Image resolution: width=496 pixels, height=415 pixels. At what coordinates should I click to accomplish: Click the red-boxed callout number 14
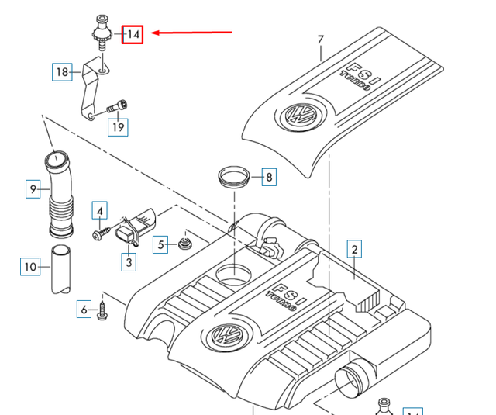pos(133,33)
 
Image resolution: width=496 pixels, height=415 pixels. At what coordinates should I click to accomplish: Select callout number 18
pos(62,73)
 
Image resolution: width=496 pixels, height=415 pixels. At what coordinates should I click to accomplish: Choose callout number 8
pos(268,178)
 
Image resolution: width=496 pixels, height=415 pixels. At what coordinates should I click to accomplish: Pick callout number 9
pos(33,188)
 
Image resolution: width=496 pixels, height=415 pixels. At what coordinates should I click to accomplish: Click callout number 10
pos(29,268)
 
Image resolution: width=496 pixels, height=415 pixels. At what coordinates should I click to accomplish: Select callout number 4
pos(100,209)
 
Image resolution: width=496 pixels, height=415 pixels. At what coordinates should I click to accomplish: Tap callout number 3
pos(129,263)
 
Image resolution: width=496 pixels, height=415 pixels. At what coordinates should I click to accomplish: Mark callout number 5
pos(161,246)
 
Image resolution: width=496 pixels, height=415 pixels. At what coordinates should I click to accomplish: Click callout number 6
pos(84,310)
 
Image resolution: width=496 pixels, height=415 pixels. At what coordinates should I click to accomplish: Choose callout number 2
pos(354,249)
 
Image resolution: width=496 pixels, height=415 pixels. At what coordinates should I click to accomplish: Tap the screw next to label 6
pos(103,312)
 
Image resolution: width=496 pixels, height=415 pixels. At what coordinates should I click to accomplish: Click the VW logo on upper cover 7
pos(295,116)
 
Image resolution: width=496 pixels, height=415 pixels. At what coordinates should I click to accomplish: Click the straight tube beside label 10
pos(60,269)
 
